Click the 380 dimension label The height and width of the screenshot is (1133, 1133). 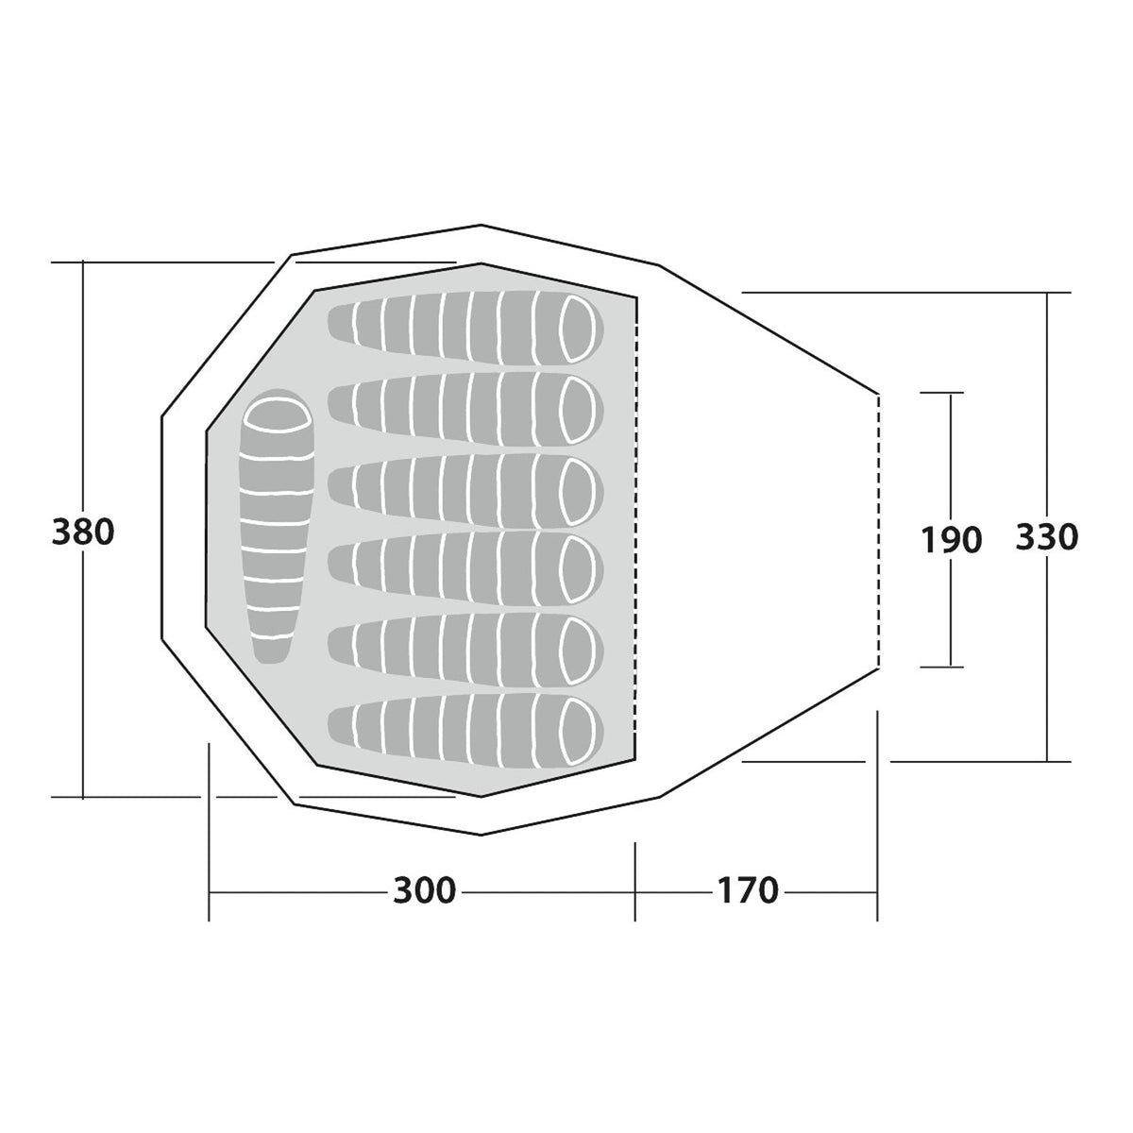pyautogui.click(x=82, y=533)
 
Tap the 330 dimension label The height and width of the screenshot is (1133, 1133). pyautogui.click(x=1047, y=537)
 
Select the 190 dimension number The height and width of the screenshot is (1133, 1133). pyautogui.click(x=951, y=540)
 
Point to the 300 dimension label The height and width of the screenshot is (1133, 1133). pyautogui.click(x=425, y=889)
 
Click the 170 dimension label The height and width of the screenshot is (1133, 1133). pyautogui.click(x=747, y=889)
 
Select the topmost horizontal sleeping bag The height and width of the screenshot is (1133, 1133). pyautogui.click(x=465, y=328)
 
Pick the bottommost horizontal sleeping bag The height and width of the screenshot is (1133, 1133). pyautogui.click(x=465, y=732)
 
